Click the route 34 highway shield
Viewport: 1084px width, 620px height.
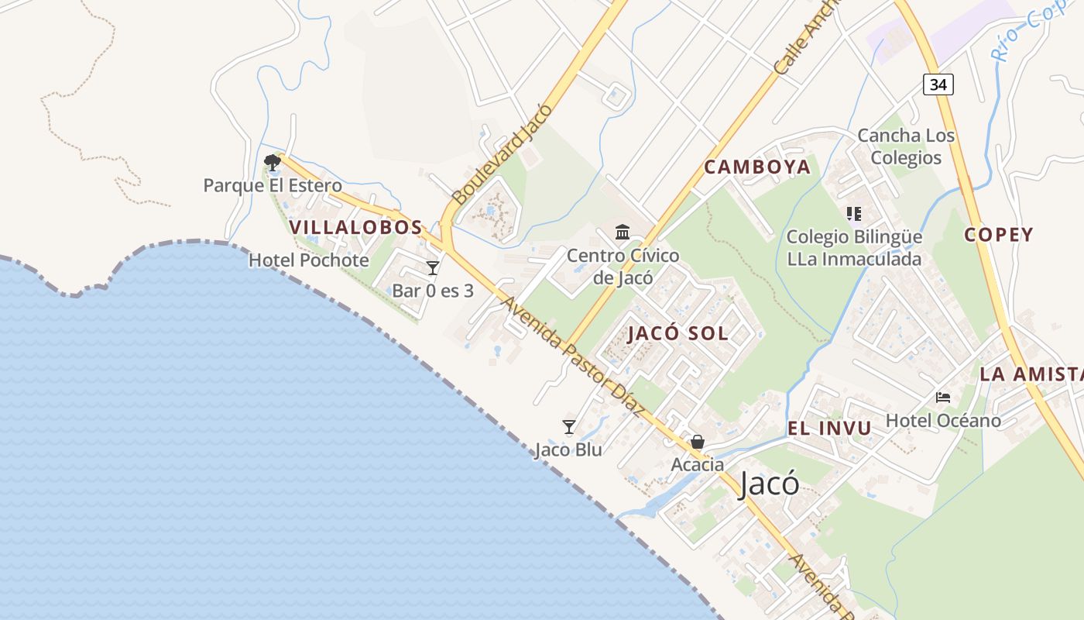pos(938,84)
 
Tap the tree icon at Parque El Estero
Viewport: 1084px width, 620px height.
pos(272,163)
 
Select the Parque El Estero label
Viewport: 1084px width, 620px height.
pos(273,186)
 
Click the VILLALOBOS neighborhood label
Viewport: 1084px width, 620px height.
pos(356,227)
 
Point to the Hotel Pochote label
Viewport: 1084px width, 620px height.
pos(308,260)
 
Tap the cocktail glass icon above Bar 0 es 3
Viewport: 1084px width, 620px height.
pos(433,268)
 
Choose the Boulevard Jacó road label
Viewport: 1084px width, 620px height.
pos(502,153)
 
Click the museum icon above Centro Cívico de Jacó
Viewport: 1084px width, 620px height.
pos(623,232)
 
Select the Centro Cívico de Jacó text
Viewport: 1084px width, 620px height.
pos(623,266)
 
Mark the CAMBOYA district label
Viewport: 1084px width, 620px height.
pos(757,167)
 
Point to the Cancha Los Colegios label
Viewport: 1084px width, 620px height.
pos(906,146)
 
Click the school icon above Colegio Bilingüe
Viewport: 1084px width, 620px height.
pos(854,214)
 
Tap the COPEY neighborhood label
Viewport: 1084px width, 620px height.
pos(999,235)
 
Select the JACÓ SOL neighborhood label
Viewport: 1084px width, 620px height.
pos(677,333)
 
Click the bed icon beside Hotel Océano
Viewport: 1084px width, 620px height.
pos(943,398)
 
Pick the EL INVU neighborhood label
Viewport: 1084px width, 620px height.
pos(829,428)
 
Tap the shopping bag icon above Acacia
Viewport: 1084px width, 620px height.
pos(698,442)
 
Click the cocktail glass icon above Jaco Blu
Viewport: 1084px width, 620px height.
pos(569,426)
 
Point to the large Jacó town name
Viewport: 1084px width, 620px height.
pos(769,484)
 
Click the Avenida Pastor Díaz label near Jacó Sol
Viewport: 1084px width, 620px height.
pos(572,357)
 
